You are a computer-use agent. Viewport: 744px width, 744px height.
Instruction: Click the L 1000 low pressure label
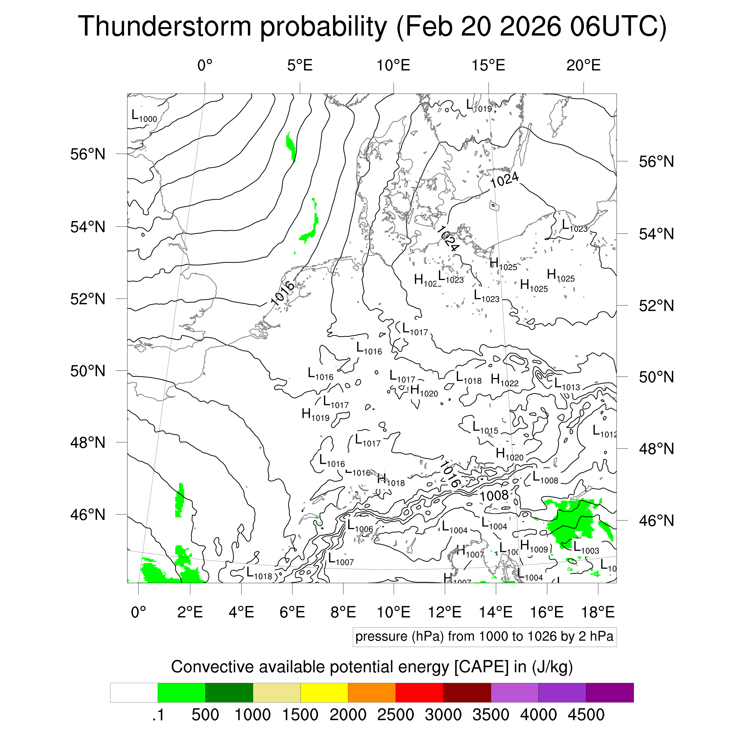coord(144,116)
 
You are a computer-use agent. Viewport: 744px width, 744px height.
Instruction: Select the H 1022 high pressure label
coord(504,380)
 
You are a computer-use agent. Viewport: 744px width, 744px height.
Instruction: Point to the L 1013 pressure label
coord(567,384)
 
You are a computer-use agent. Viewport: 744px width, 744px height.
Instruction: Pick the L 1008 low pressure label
coord(545,478)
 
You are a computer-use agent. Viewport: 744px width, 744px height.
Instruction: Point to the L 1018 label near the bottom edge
coord(259,573)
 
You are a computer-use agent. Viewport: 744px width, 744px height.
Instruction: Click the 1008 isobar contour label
coord(494,496)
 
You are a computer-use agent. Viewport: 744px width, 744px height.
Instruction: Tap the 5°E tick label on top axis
coord(300,65)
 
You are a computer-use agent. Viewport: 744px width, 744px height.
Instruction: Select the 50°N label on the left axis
coord(88,371)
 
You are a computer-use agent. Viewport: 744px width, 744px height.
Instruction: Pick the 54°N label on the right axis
coord(656,234)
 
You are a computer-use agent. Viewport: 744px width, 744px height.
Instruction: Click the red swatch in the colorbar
coord(419,693)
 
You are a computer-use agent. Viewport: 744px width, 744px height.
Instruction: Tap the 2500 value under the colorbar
coord(396,715)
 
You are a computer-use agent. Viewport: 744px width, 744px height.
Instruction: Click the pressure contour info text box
coord(484,637)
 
